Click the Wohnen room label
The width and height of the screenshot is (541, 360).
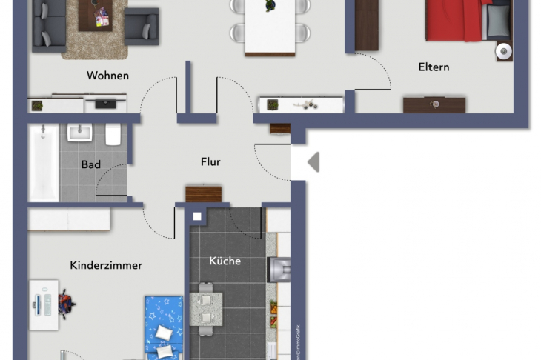107,76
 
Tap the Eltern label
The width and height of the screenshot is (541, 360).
434,67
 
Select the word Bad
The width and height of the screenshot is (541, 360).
91,164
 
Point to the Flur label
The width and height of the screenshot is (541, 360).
210,162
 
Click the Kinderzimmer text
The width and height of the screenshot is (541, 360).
106,265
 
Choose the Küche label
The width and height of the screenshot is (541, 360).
225,261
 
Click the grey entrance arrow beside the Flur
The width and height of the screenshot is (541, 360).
313,161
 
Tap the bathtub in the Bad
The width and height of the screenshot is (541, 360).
43,164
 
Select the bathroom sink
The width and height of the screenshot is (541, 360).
79,133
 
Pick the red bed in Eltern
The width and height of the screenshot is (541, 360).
454,21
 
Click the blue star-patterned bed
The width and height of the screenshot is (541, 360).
162,326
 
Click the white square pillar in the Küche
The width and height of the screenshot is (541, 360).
197,217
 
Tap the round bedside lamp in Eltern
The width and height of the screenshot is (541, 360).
504,51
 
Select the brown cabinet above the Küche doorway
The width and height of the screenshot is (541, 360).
204,194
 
